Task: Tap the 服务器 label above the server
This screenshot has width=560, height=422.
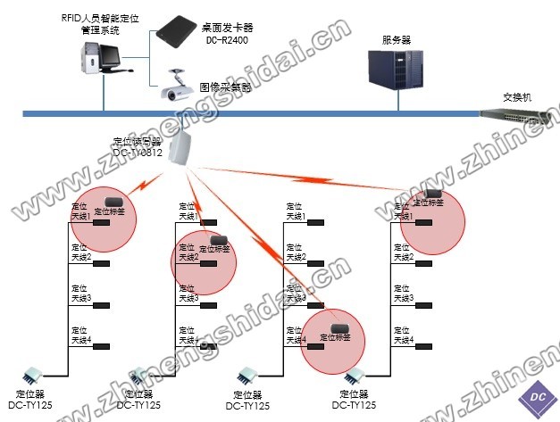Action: click(x=396, y=40)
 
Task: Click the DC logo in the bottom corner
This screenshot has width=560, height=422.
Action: click(x=538, y=396)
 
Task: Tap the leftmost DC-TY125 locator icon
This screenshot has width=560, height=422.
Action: click(x=36, y=375)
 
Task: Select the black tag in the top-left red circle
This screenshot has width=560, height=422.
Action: click(x=113, y=202)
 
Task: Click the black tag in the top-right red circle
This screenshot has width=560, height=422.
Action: click(x=432, y=192)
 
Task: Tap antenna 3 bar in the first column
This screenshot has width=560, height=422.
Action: click(x=100, y=305)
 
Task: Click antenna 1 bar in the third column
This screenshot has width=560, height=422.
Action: click(x=314, y=222)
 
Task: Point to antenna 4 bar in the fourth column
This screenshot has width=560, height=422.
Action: click(x=424, y=346)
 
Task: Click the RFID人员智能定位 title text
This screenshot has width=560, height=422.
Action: click(x=114, y=18)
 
